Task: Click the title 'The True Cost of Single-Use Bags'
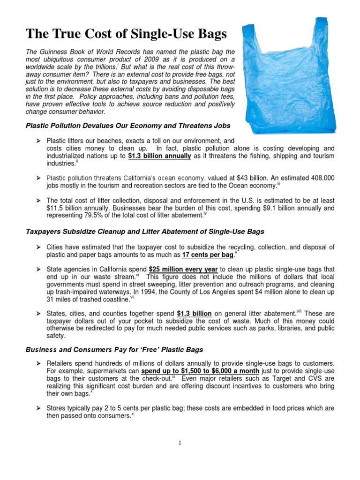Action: click(x=126, y=34)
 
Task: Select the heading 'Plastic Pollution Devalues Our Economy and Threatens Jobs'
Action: click(x=128, y=126)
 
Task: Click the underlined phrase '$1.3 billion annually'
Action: click(x=159, y=156)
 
